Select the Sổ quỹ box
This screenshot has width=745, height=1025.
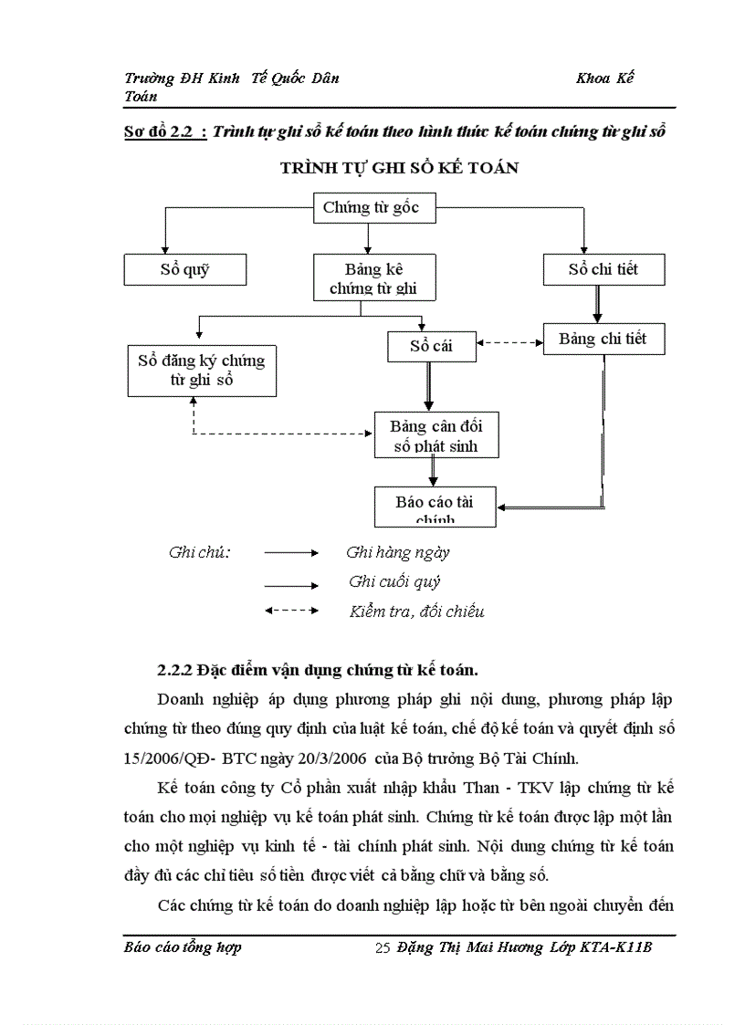pyautogui.click(x=184, y=269)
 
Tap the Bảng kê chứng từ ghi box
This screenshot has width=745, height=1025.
pyautogui.click(x=374, y=277)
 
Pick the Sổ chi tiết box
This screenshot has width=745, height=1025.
pyautogui.click(x=603, y=269)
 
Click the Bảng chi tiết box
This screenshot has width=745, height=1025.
pyautogui.click(x=603, y=339)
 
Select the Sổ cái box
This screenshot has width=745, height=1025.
pyautogui.click(x=431, y=346)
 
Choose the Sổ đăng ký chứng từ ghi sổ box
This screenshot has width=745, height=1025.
pyautogui.click(x=202, y=370)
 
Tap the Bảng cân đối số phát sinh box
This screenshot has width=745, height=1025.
pyautogui.click(x=435, y=434)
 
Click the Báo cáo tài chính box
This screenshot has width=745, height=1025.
pyautogui.click(x=435, y=507)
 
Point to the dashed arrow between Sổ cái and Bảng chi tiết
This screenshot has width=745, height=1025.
pyautogui.click(x=509, y=343)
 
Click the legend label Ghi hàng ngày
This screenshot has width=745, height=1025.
pyautogui.click(x=398, y=552)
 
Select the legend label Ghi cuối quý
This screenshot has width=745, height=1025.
pyautogui.click(x=394, y=581)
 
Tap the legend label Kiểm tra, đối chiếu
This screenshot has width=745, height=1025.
pyautogui.click(x=416, y=612)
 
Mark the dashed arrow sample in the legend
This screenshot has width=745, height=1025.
pyautogui.click(x=291, y=611)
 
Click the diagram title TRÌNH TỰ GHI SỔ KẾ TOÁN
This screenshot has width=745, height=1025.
pyautogui.click(x=399, y=168)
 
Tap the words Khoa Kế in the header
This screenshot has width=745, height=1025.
pyautogui.click(x=604, y=78)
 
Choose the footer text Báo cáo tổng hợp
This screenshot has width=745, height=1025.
pyautogui.click(x=183, y=947)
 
